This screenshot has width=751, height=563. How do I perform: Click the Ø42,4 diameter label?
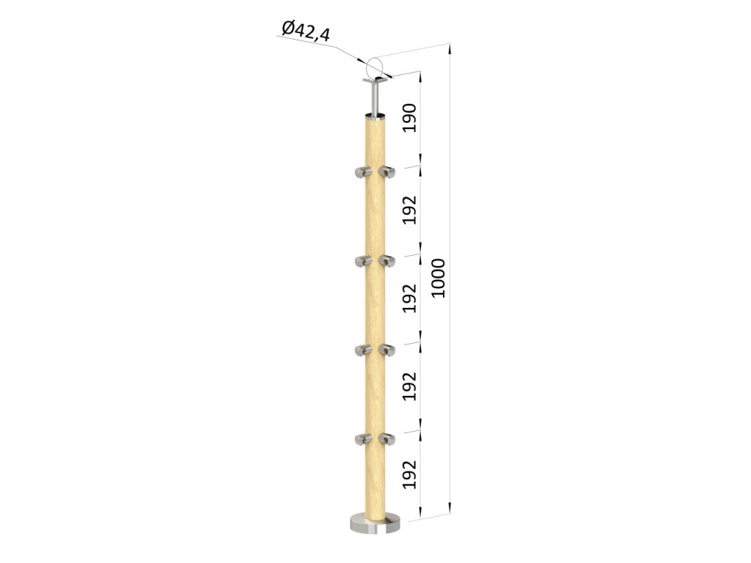[x=305, y=31]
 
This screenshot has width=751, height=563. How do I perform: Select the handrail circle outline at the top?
[x=375, y=65]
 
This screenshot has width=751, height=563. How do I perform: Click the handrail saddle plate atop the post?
[x=375, y=80]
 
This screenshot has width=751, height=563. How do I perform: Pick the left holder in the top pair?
[x=362, y=172]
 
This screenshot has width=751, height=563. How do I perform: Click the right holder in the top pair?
[x=388, y=172]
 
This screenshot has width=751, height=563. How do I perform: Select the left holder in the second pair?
[x=362, y=260]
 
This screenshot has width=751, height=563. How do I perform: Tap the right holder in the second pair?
[x=388, y=260]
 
